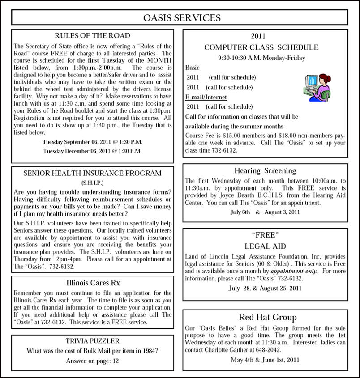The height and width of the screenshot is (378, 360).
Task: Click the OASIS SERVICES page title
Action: click(x=181, y=18)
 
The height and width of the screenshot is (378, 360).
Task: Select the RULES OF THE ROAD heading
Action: click(x=92, y=36)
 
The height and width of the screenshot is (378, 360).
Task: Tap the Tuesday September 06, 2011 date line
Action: click(x=92, y=142)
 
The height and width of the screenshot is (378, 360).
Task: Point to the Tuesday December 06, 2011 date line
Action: click(x=92, y=151)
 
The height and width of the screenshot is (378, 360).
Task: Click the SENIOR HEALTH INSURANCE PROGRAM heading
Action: click(x=92, y=173)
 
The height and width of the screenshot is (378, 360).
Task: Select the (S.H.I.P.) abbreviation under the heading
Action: click(x=92, y=183)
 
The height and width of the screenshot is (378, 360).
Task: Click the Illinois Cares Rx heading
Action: click(x=93, y=283)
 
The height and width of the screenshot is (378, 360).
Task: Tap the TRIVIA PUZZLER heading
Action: click(x=92, y=340)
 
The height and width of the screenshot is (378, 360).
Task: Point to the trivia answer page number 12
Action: click(x=115, y=361)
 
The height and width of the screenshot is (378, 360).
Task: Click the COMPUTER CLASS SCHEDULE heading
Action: click(x=261, y=47)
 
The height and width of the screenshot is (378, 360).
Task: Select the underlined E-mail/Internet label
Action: click(x=206, y=97)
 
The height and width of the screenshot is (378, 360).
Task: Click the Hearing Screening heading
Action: click(x=265, y=170)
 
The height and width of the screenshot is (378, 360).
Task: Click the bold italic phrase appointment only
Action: click(x=294, y=271)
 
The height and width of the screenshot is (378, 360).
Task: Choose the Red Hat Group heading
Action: click(x=267, y=317)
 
